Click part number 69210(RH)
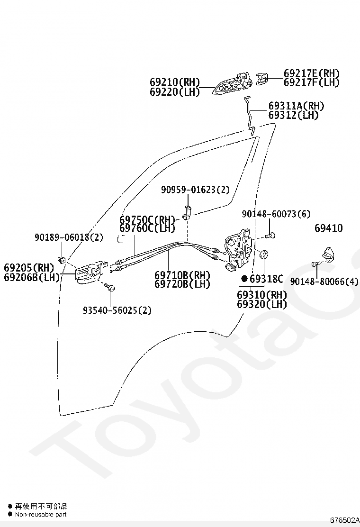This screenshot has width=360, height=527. click(175, 82)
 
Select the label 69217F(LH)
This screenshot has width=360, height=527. click(312, 82)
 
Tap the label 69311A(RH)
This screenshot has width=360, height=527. click(296, 106)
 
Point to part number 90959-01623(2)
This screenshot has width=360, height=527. click(195, 190)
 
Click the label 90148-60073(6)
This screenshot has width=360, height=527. click(276, 214)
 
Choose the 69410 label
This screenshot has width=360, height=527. click(328, 228)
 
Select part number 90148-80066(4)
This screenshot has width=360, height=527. click(324, 282)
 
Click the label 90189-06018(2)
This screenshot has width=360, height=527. click(69, 237)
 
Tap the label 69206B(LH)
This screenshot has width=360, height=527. click(32, 277)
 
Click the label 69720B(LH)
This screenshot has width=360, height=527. click(182, 284)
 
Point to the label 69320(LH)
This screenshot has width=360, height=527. click(262, 304)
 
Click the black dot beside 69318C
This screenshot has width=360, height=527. click(244, 279)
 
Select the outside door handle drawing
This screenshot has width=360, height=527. click(232, 84)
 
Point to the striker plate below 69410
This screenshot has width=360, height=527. click(327, 255)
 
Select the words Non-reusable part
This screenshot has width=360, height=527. click(41, 514)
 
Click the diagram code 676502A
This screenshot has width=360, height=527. click(345, 520)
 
